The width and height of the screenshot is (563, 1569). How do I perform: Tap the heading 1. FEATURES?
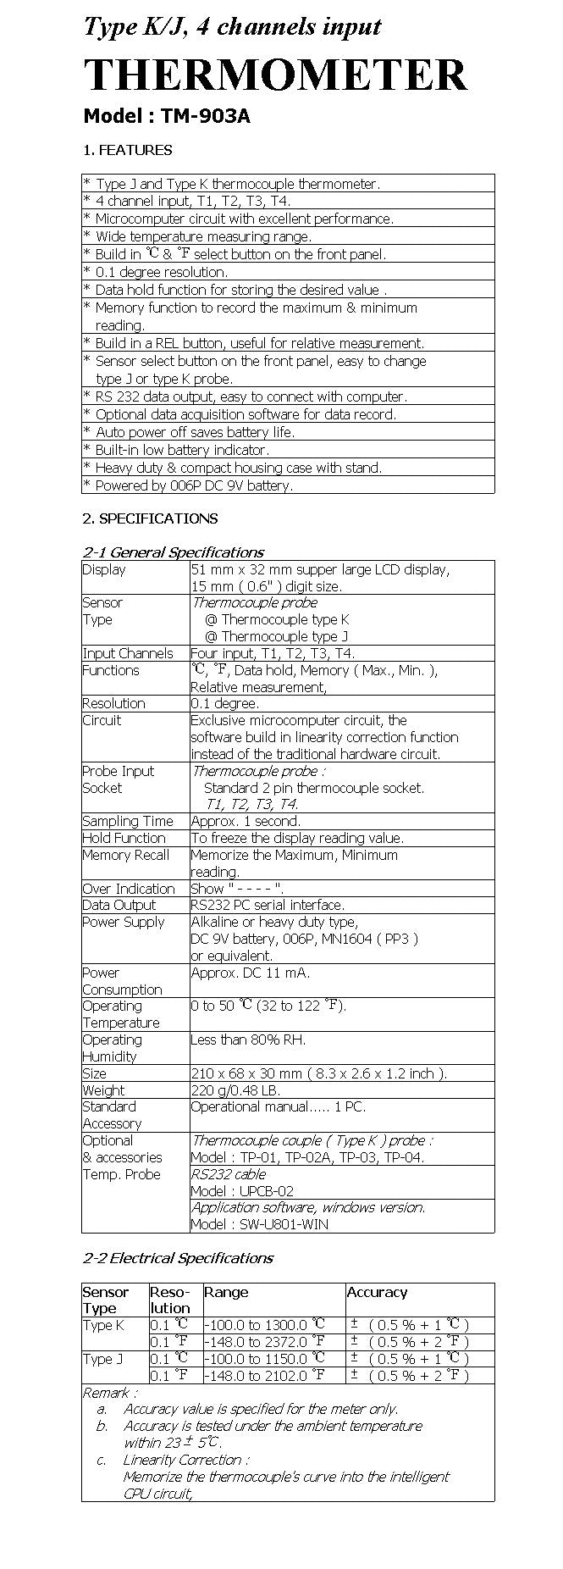[x=127, y=151]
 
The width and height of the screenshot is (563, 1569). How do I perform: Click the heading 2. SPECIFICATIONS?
[x=150, y=518]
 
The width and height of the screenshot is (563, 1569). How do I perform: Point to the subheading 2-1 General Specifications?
[x=173, y=552]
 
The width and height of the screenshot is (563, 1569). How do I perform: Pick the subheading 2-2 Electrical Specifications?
[x=178, y=1258]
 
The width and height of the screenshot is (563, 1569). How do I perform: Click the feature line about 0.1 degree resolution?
[x=161, y=272]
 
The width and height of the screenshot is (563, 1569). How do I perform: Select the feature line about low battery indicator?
[x=182, y=450]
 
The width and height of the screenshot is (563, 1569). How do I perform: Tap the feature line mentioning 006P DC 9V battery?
[x=194, y=485]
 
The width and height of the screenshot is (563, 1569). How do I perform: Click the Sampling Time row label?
[x=127, y=821]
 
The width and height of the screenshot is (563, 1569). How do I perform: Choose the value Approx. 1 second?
[x=246, y=821]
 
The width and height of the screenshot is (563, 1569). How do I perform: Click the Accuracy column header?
[x=377, y=1292]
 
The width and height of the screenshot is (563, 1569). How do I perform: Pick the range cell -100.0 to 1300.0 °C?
[x=264, y=1324]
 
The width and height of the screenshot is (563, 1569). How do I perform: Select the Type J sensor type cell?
[x=103, y=1359]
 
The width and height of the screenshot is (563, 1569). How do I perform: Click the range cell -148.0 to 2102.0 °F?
[x=264, y=1375]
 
